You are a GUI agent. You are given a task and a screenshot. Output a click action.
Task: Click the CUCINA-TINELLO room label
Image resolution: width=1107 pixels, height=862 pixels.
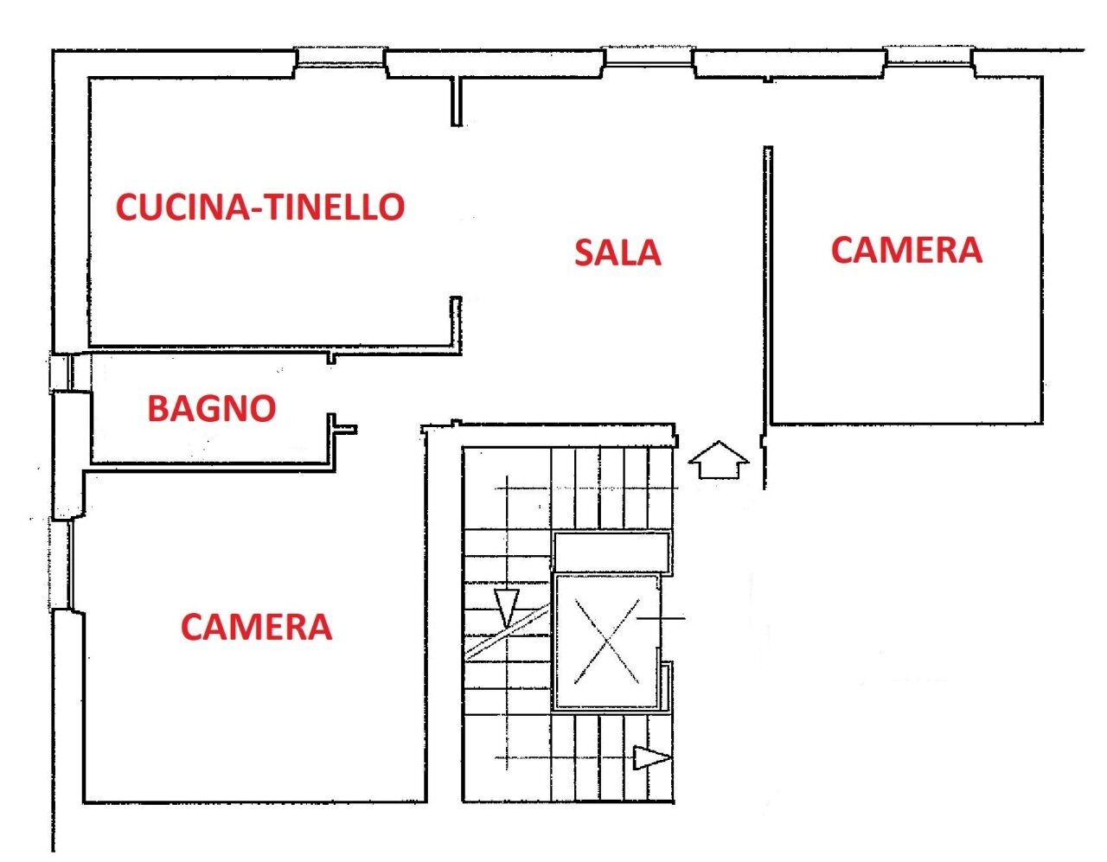pos(260,208)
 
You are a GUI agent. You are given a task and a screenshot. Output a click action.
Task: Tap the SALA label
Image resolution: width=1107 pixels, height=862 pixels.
pos(617,252)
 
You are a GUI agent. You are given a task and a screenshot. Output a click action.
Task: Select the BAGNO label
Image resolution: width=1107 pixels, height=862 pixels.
pos(212,408)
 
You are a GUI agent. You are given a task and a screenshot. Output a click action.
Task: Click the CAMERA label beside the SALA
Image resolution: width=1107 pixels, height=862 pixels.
pos(906,250)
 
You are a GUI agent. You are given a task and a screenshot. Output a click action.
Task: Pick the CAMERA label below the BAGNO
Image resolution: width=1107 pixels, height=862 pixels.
pos(256,627)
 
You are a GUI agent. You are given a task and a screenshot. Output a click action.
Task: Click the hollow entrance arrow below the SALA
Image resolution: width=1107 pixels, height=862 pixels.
pos(718,460)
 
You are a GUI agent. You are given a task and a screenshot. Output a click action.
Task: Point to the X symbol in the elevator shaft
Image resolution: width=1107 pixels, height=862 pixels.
pos(607,642)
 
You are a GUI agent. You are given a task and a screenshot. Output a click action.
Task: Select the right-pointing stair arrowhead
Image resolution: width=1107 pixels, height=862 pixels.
pos(650,758)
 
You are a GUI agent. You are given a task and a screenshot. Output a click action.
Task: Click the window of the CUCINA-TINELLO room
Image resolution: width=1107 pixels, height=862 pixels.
pos(340,57)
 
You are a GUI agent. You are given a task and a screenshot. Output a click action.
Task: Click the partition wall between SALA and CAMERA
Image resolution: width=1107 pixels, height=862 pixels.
pos(767,285)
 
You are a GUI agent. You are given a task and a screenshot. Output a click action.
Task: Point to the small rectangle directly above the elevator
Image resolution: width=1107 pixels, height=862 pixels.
pos(611,551)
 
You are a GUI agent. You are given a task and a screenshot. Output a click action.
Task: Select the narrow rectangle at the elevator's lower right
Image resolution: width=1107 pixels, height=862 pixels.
pos(666,687)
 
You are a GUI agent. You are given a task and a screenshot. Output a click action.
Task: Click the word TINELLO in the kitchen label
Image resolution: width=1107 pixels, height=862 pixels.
pos(334,208)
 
